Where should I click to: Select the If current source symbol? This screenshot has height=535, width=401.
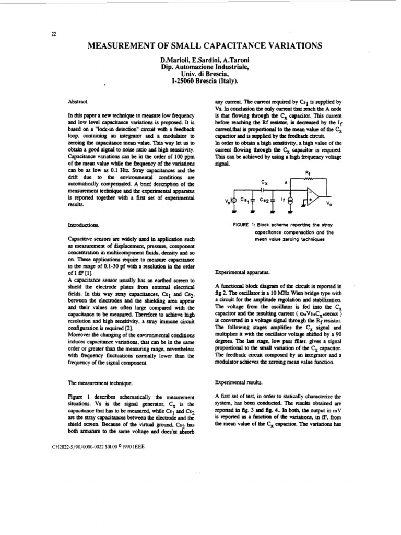tap(291, 201)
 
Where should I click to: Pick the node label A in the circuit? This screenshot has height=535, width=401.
tap(286, 183)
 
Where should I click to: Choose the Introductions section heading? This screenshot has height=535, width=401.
tap(84, 225)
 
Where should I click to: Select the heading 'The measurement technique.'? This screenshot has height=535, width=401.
tap(97, 383)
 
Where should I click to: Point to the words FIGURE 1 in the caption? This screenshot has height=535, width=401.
tap(245, 224)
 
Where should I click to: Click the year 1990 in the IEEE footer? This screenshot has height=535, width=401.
tap(126, 447)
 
